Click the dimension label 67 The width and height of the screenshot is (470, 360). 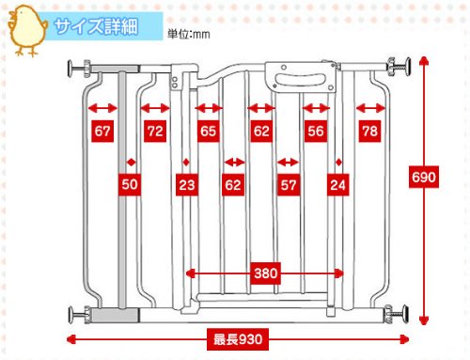pyautogui.click(x=102, y=131)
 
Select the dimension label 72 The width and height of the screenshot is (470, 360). pyautogui.click(x=155, y=131)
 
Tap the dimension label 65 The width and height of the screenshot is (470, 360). pyautogui.click(x=209, y=131)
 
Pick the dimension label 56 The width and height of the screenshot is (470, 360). pyautogui.click(x=316, y=131)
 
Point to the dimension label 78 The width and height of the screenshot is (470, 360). pyautogui.click(x=369, y=131)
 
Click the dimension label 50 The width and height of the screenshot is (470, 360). pyautogui.click(x=130, y=184)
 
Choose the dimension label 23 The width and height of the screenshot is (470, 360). pyautogui.click(x=187, y=184)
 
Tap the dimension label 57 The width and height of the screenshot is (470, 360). pyautogui.click(x=289, y=184)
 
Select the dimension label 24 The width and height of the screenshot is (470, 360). pyautogui.click(x=337, y=184)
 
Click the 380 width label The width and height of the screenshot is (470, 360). pyautogui.click(x=266, y=274)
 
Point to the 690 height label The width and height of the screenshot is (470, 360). pyautogui.click(x=424, y=178)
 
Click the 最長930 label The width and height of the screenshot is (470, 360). pyautogui.click(x=238, y=339)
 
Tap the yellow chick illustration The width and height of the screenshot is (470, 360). pyautogui.click(x=27, y=30)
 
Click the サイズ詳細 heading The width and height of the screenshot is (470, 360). pyautogui.click(x=96, y=26)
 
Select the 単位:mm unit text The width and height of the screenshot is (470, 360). pyautogui.click(x=189, y=34)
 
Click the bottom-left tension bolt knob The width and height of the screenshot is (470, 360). pyautogui.click(x=70, y=316)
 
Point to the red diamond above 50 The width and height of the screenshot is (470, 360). pyautogui.click(x=132, y=163)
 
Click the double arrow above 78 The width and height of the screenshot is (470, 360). pyautogui.click(x=370, y=108)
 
